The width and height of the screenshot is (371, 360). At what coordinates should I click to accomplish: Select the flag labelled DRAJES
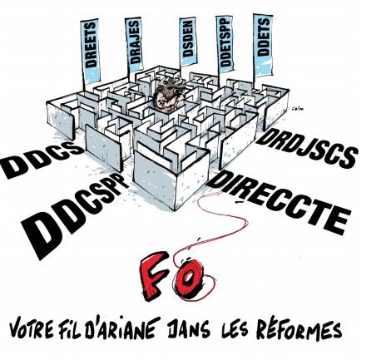point(134,44)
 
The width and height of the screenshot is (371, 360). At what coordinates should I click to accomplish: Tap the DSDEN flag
point(188,42)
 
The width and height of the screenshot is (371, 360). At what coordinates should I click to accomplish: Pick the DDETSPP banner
point(225,44)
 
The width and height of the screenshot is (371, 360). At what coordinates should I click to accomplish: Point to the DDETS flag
point(263,44)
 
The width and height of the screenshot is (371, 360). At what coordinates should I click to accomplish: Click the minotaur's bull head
point(172,85)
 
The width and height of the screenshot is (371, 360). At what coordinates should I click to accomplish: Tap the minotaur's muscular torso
point(166,101)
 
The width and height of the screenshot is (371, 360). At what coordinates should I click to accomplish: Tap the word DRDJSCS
point(306,148)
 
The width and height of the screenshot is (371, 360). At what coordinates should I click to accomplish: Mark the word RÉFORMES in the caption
point(299,328)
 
